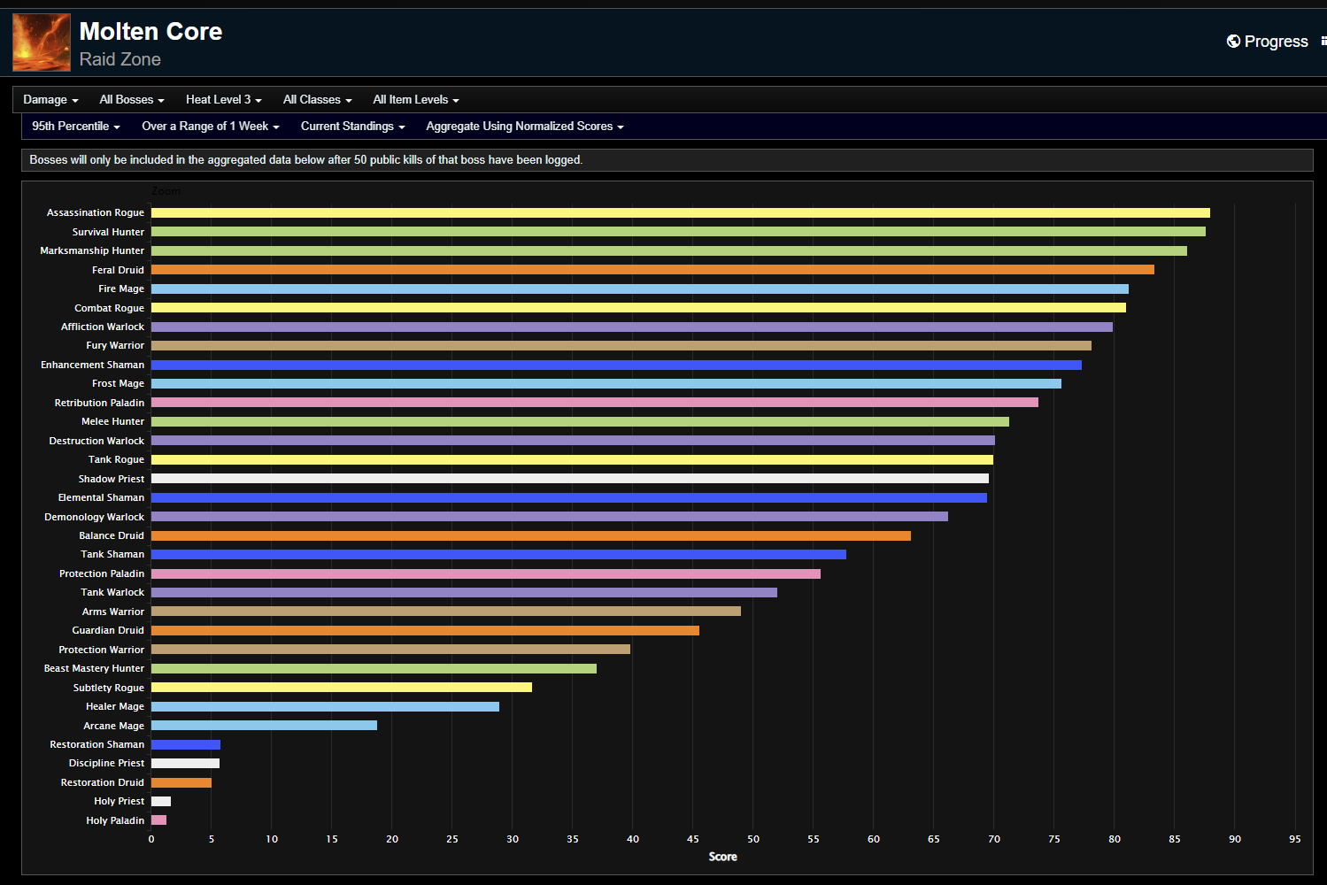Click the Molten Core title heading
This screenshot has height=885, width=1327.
click(150, 32)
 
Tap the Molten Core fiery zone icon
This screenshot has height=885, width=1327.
click(42, 42)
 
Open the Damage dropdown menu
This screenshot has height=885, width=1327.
click(50, 100)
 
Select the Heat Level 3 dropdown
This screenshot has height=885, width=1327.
click(223, 100)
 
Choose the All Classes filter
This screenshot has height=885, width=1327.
click(317, 100)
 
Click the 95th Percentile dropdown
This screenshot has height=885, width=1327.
click(75, 127)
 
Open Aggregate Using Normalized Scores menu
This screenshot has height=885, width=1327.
click(524, 127)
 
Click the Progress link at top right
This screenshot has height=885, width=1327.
click(1267, 42)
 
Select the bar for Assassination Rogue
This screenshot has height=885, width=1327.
click(680, 213)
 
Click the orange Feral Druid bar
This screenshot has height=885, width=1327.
click(652, 270)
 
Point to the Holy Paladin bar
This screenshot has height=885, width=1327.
click(159, 820)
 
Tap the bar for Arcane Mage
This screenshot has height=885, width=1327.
click(264, 726)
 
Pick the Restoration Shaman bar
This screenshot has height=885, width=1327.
click(186, 744)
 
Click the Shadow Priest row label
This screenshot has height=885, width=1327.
click(111, 479)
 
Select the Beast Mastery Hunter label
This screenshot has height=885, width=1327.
click(94, 669)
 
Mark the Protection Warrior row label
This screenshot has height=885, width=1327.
click(101, 650)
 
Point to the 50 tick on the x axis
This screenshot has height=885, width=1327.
click(753, 839)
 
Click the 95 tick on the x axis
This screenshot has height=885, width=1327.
click(1294, 839)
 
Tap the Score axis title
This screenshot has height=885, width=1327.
click(722, 857)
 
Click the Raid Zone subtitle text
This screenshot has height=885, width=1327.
click(120, 59)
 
